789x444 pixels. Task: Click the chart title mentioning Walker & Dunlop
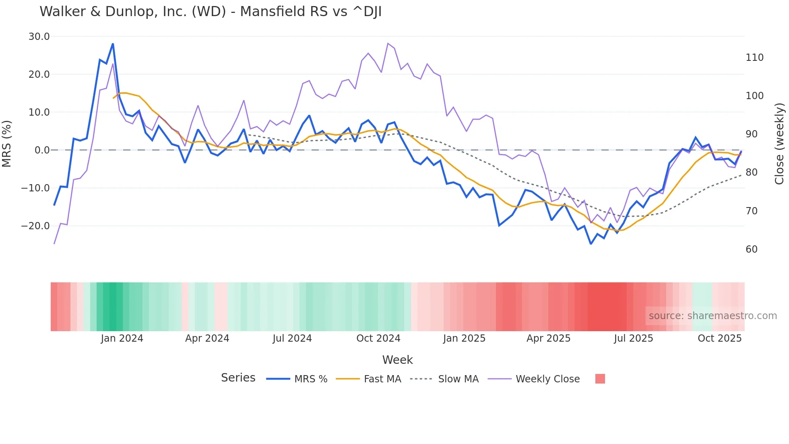211,12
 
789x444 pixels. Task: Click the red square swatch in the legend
600,379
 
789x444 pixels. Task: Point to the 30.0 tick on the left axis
39,37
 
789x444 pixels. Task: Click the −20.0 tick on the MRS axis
35,226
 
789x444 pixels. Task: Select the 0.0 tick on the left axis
42,150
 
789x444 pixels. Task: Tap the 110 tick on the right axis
754,58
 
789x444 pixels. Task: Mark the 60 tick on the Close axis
751,249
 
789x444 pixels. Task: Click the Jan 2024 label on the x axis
122,338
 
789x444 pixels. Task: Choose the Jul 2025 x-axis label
633,338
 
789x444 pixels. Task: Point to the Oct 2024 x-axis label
378,338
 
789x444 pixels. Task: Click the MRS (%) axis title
7,143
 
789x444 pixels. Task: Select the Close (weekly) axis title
779,143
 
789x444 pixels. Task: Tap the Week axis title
397,360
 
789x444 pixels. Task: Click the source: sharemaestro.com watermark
713,316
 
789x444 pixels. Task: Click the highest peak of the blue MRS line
113,44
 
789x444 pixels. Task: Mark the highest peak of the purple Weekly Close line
388,43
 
